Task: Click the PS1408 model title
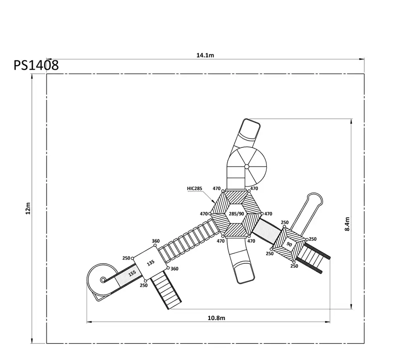click(36, 65)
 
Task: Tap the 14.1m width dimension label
click(205, 55)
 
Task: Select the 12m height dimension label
click(28, 208)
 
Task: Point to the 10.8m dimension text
click(216, 318)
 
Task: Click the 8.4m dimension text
click(347, 224)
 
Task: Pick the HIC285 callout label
click(195, 188)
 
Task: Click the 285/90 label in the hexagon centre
click(237, 214)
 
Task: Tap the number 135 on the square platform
click(151, 263)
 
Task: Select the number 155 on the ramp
click(132, 273)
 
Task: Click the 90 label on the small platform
click(289, 244)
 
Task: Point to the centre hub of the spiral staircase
click(247, 167)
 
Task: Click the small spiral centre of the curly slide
click(103, 279)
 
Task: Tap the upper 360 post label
click(156, 241)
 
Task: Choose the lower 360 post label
click(174, 269)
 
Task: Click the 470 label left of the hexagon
click(204, 214)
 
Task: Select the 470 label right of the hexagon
click(268, 214)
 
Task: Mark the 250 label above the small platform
click(285, 222)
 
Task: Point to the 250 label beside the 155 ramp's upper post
click(126, 258)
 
